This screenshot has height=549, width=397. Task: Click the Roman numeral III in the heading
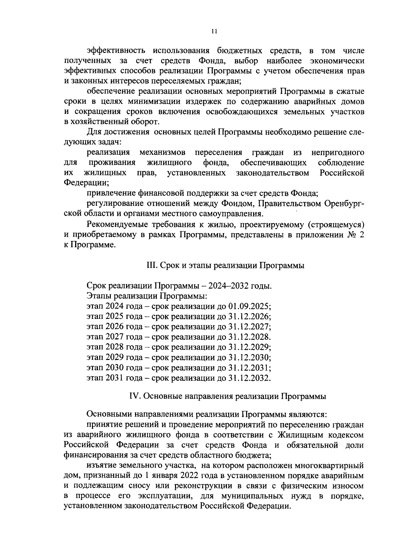click(x=151, y=265)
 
